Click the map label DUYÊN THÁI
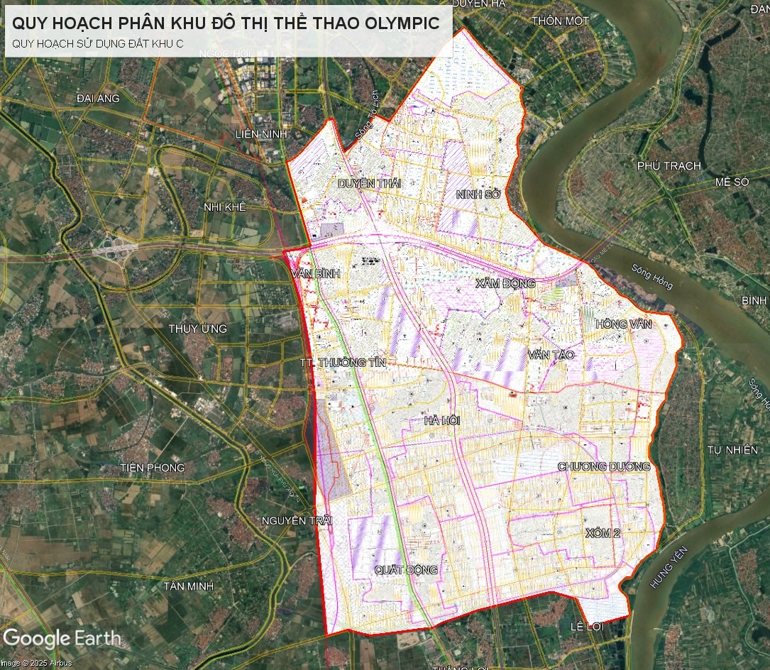pos(369,183)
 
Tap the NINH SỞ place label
pos(479,193)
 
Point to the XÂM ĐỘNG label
pos(505,283)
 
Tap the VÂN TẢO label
pos(551,354)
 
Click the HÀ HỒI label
pos(442,421)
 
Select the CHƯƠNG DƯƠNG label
pos(604,466)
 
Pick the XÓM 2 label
pos(603,533)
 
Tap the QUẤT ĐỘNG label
pos(406,570)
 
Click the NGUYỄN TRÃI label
pos(297,521)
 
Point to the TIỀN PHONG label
pos(153,468)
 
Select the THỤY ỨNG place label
pos(197,329)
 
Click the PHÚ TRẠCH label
pos(669,165)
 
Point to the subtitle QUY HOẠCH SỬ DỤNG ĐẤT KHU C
pos(98,43)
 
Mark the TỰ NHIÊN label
pos(733,450)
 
